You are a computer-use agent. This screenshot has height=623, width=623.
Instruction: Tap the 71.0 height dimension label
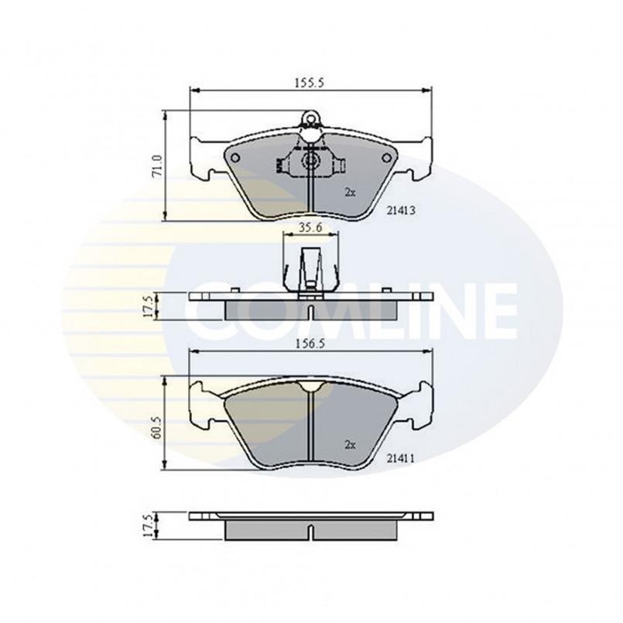coord(158,166)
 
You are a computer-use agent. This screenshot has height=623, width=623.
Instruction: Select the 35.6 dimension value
coord(310,228)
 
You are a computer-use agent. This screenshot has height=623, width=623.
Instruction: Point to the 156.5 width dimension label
coord(310,344)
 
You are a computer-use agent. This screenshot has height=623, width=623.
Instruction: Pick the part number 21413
coord(401,211)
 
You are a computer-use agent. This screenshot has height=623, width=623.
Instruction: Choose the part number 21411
coord(401,459)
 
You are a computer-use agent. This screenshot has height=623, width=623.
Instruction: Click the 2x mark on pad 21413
coord(350,193)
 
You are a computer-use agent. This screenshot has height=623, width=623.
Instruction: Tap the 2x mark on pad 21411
coord(350,446)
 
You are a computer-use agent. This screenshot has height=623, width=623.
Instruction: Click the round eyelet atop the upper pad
coord(310,118)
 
